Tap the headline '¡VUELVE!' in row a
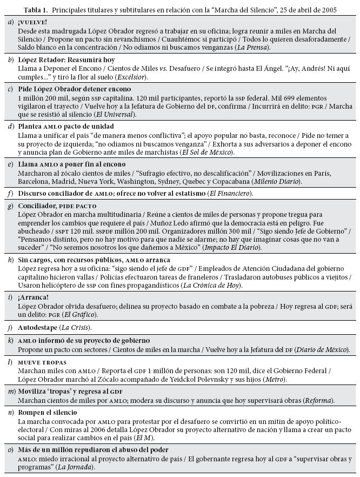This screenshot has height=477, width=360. pyautogui.click(x=32, y=22)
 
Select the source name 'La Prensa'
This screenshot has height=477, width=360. pyautogui.click(x=255, y=47)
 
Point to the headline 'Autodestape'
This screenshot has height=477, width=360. pyautogui.click(x=39, y=327)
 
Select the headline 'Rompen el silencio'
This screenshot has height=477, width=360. pyautogui.click(x=48, y=412)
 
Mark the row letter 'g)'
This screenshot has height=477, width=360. pyautogui.click(x=11, y=206)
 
